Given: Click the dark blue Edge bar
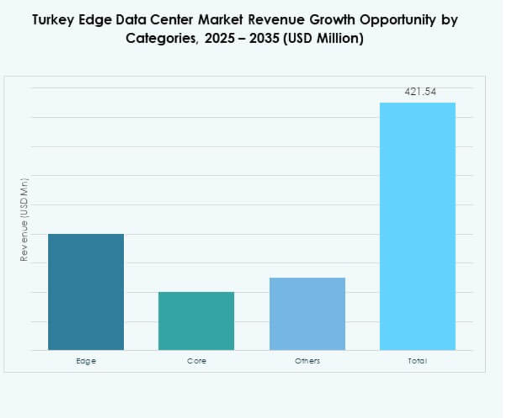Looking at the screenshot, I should tap(86, 292).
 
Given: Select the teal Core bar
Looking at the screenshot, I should tap(196, 321).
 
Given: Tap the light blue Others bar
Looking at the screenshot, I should tap(307, 313).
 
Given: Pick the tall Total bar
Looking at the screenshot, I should tap(417, 226).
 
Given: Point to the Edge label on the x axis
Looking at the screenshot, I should tap(86, 361).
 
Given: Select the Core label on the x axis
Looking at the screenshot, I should tap(196, 361).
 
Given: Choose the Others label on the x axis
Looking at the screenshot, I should tap(307, 361).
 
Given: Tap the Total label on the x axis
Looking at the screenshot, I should tap(417, 361).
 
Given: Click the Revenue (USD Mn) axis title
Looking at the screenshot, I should tap(24, 220).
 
